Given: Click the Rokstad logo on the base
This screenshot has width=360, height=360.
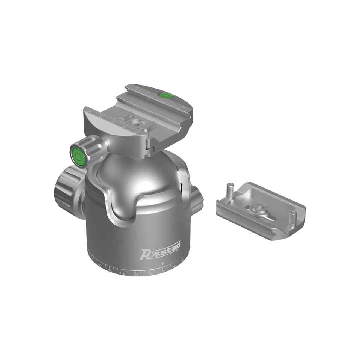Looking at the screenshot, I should point(160,250).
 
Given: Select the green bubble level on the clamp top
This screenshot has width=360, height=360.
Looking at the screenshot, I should point(165,95).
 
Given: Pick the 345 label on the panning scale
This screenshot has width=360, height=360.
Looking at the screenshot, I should point(150,274).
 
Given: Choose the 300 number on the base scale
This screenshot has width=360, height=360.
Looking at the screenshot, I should point(109,270).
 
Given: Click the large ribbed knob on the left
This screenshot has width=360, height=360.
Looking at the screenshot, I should point(67,187).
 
